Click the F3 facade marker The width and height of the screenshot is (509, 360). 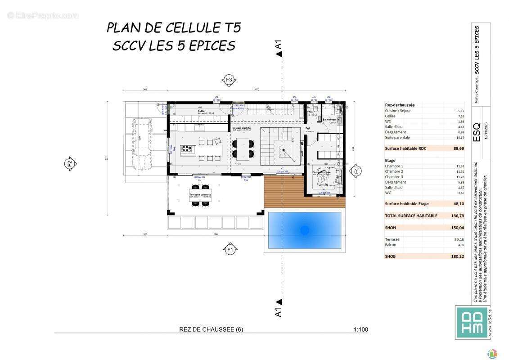coord(229,80)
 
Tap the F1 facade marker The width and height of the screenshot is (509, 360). coord(230,249)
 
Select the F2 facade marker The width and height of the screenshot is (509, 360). coord(69,163)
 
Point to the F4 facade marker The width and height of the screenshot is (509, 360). coord(356,171)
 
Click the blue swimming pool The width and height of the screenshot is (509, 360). coord(304,230)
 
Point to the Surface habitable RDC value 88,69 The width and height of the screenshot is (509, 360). coord(458,148)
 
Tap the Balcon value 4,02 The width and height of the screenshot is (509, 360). coord(459,245)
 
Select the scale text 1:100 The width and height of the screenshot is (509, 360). coord(360,329)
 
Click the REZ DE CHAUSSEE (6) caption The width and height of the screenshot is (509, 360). coord(211,329)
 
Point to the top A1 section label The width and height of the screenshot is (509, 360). coord(279,45)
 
